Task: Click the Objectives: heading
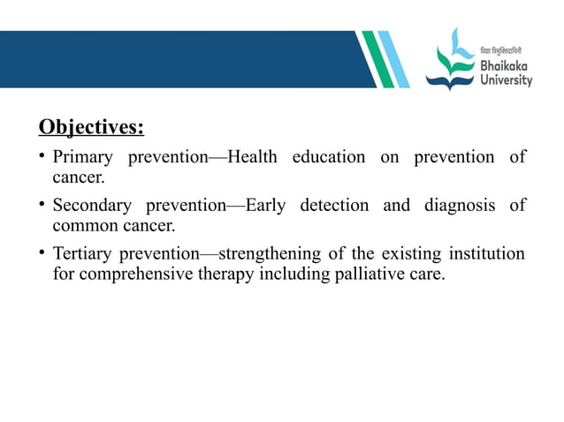91,128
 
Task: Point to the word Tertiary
85,254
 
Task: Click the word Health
252,157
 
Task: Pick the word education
328,157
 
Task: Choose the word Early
266,206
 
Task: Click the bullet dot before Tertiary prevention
42,254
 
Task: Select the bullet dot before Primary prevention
42,157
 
